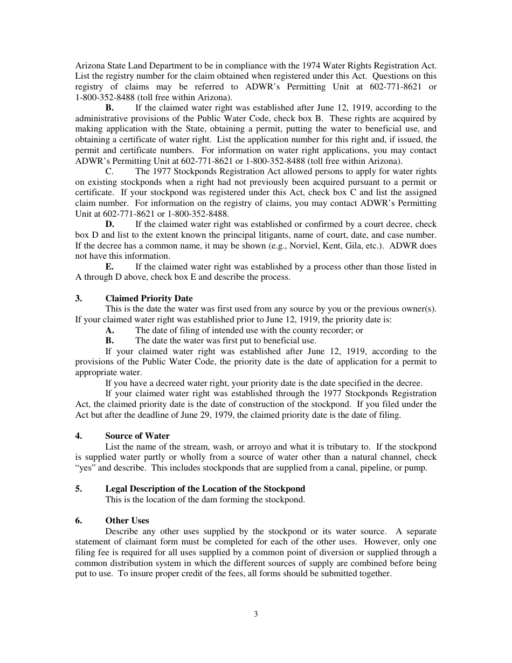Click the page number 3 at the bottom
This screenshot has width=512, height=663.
256,614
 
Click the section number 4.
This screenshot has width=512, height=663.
78,436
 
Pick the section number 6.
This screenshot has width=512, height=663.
78,521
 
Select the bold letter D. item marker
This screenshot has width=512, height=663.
109,224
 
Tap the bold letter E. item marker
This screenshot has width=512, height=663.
109,267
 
